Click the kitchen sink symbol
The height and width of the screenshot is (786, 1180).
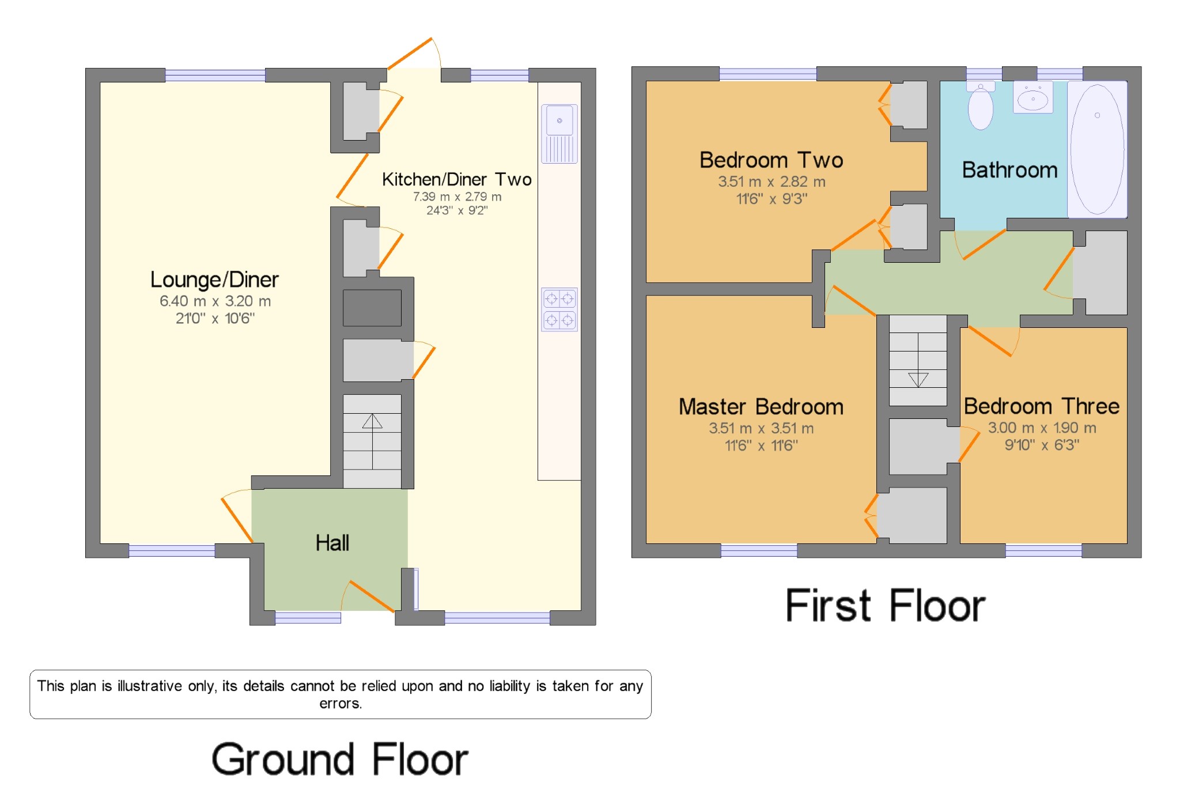[x=559, y=133]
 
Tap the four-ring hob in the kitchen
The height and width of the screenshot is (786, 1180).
[x=559, y=309]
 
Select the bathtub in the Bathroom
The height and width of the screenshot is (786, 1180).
[x=1097, y=149]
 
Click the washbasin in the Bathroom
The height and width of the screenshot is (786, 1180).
[x=1032, y=98]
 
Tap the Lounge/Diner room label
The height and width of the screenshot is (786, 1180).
[x=214, y=280]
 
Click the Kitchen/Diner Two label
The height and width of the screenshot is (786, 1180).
[x=456, y=180]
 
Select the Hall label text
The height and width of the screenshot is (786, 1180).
[x=332, y=543]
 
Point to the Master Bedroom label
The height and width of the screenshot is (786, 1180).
[x=761, y=407]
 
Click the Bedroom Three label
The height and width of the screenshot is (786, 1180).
[x=1041, y=406]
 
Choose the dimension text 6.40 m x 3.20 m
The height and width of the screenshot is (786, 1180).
[x=215, y=301]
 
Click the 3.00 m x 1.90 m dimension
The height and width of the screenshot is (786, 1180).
[x=1042, y=428]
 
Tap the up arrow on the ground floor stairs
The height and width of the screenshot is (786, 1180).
[x=372, y=422]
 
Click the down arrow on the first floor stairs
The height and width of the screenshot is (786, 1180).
[x=918, y=380]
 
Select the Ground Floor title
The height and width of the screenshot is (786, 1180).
[x=340, y=759]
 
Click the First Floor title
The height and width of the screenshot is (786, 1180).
[x=886, y=606]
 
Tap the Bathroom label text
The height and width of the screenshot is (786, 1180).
[x=1009, y=171]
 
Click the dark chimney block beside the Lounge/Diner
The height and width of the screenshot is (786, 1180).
[x=372, y=308]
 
